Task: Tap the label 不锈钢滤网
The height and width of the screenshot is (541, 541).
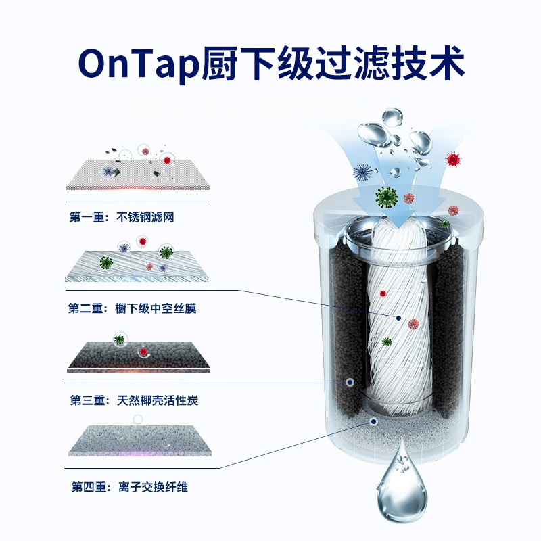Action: point(149,218)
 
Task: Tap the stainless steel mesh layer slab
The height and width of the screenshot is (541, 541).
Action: point(135,176)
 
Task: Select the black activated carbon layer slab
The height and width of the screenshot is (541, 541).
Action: point(139,356)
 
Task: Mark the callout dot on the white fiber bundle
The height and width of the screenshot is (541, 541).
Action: point(399,317)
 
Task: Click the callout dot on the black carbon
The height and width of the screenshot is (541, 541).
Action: point(350,382)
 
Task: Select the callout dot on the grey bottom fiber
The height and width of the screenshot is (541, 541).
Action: point(373,421)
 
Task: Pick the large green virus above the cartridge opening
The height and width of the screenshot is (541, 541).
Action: point(387,197)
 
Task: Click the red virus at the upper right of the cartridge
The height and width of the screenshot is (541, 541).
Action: point(453,160)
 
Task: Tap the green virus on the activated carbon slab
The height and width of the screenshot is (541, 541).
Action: point(120,339)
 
